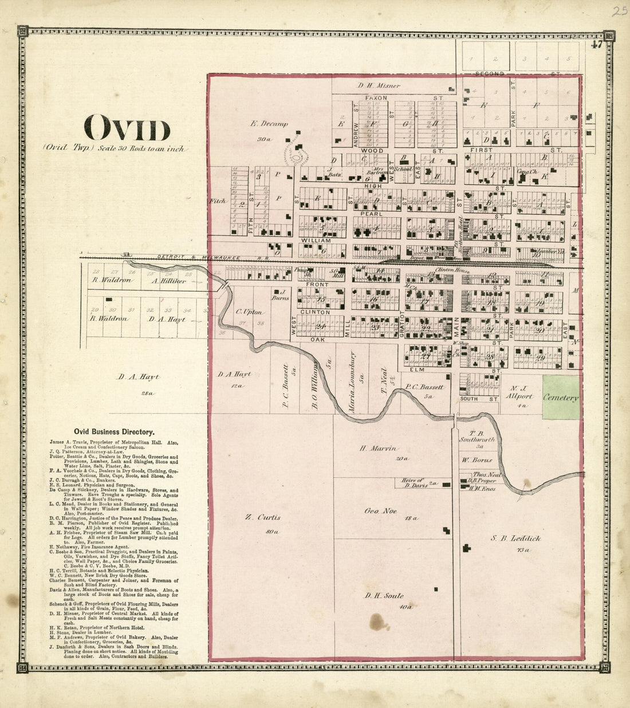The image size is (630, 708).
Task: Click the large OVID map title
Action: coord(127,129)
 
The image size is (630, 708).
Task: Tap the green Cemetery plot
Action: coord(561,398)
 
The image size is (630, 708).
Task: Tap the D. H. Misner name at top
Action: coord(379,86)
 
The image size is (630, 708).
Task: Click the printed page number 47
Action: coord(597,46)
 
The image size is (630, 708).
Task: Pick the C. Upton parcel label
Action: coord(249,312)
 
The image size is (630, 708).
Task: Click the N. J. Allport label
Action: coord(519,396)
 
